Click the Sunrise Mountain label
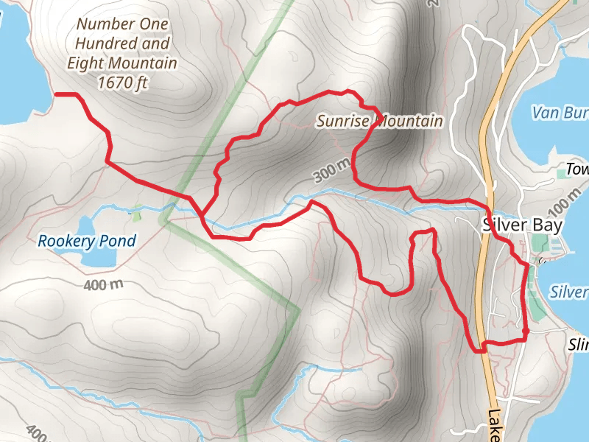point(380,121)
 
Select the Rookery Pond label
point(87,241)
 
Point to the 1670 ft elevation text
point(122,83)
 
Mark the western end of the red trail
point(57,94)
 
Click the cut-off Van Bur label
point(560,113)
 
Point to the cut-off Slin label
point(579,345)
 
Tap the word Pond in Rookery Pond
point(120,241)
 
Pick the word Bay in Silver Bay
point(549,225)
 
